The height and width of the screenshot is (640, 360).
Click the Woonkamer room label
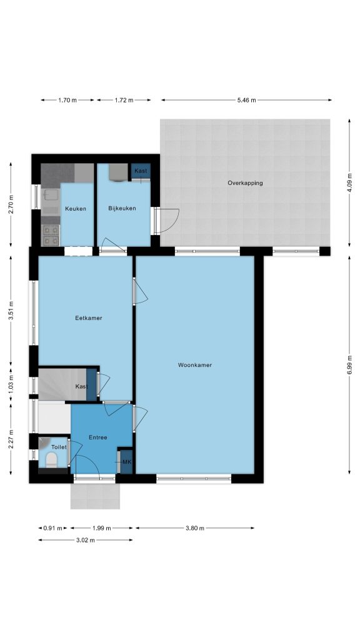click(195, 365)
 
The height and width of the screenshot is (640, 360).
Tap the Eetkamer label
click(89, 318)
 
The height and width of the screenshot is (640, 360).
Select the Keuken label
click(76, 209)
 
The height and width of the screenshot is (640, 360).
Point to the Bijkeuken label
click(122, 208)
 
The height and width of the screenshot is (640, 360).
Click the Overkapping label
click(245, 183)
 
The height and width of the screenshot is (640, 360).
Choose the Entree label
click(98, 437)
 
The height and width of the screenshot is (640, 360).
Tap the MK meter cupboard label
click(127, 462)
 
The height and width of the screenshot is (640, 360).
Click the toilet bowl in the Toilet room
click(51, 461)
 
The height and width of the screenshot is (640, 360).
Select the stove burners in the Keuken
click(51, 236)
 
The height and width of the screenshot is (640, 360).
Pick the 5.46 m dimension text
click(246, 100)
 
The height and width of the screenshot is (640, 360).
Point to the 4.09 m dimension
click(349, 182)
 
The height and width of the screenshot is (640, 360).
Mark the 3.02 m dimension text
click(85, 540)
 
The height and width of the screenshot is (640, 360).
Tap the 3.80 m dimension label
click(195, 527)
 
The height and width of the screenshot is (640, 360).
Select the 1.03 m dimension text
click(11, 384)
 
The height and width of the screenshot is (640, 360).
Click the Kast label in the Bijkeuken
click(141, 171)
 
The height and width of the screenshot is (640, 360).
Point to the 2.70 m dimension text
click(11, 205)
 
